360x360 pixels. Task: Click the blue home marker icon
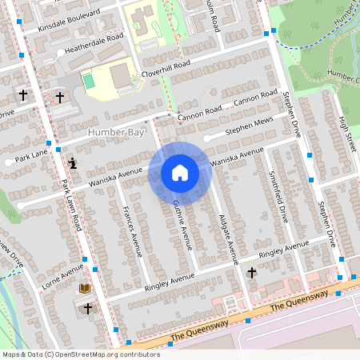coord(180,173)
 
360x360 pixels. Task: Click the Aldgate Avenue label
coord(227,238)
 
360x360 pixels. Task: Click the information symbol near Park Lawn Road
coord(74,164)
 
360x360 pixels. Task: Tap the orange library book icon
coord(84,288)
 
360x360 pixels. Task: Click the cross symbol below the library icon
coord(87,308)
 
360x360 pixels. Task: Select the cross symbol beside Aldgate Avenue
coord(252,274)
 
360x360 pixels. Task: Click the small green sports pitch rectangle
coord(89,81)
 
